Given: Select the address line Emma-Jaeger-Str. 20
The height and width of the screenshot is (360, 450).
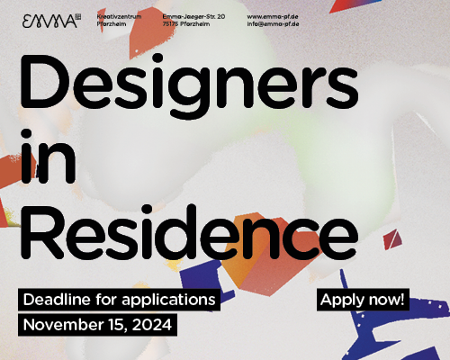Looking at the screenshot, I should click(x=193, y=15).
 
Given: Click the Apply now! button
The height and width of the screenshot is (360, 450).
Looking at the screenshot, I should click(x=364, y=299).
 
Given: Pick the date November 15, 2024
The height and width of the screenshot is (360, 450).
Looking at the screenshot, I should click(x=98, y=324).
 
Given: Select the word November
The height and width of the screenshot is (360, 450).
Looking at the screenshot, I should click(x=57, y=324).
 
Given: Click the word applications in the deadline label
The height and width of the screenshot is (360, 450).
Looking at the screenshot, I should click(x=175, y=299).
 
